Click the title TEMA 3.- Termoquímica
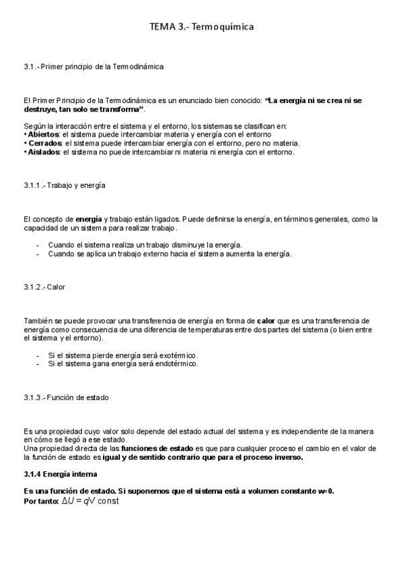point(201,27)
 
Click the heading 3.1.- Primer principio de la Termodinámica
point(93,67)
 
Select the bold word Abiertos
point(42,134)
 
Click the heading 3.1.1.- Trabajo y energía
point(64,184)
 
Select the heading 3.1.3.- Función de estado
point(66,398)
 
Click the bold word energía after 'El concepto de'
point(89,219)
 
